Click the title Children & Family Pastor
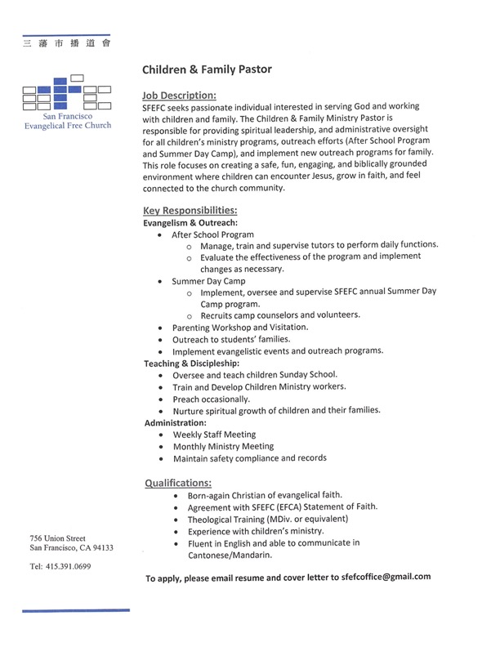tap(207, 69)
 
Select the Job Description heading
tap(179, 95)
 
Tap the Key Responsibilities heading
tap(190, 210)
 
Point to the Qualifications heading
tap(178, 482)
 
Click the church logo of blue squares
tap(69, 95)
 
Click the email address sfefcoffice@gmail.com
tap(381, 577)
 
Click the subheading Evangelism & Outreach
tap(190, 222)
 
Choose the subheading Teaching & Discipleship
tap(192, 363)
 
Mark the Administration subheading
tap(175, 422)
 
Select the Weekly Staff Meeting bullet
tap(214, 435)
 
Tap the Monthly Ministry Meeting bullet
tap(223, 447)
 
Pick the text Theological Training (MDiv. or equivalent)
tap(268, 519)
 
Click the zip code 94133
tap(100, 547)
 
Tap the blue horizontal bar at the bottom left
tap(75, 610)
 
